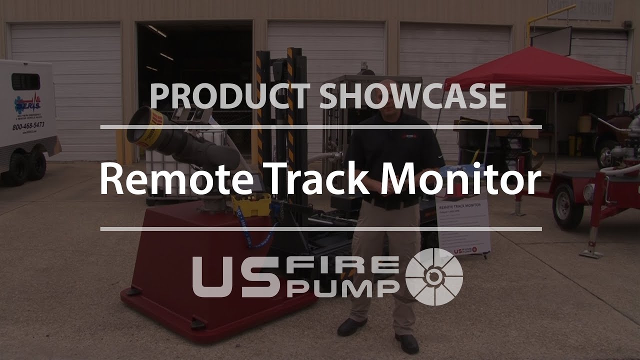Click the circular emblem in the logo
click(x=433, y=277)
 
